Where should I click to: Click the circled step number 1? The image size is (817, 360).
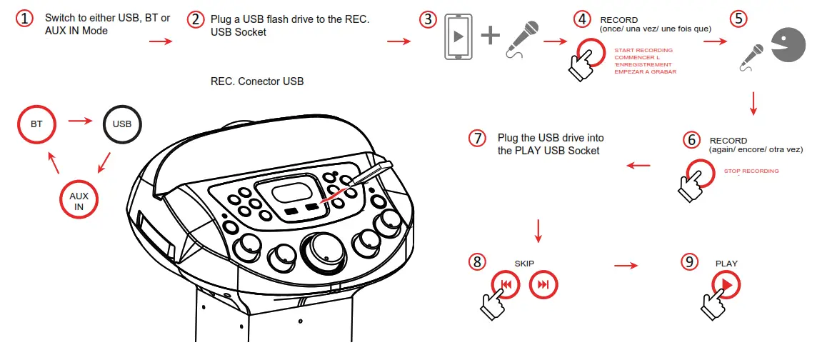click(x=25, y=19)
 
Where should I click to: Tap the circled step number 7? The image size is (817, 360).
click(x=477, y=139)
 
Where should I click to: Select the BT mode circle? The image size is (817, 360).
click(x=36, y=124)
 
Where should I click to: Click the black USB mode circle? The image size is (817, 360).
click(x=122, y=124)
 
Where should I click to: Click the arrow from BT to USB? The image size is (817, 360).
click(x=80, y=121)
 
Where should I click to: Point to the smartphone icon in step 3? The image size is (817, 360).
click(x=458, y=36)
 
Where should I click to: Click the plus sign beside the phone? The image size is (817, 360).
click(x=490, y=36)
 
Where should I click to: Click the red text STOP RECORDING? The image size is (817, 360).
click(x=751, y=171)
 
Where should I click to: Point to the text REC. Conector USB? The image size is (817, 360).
click(x=257, y=81)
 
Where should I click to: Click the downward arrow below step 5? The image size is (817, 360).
click(x=753, y=104)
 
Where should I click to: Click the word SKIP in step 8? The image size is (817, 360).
click(x=524, y=264)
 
